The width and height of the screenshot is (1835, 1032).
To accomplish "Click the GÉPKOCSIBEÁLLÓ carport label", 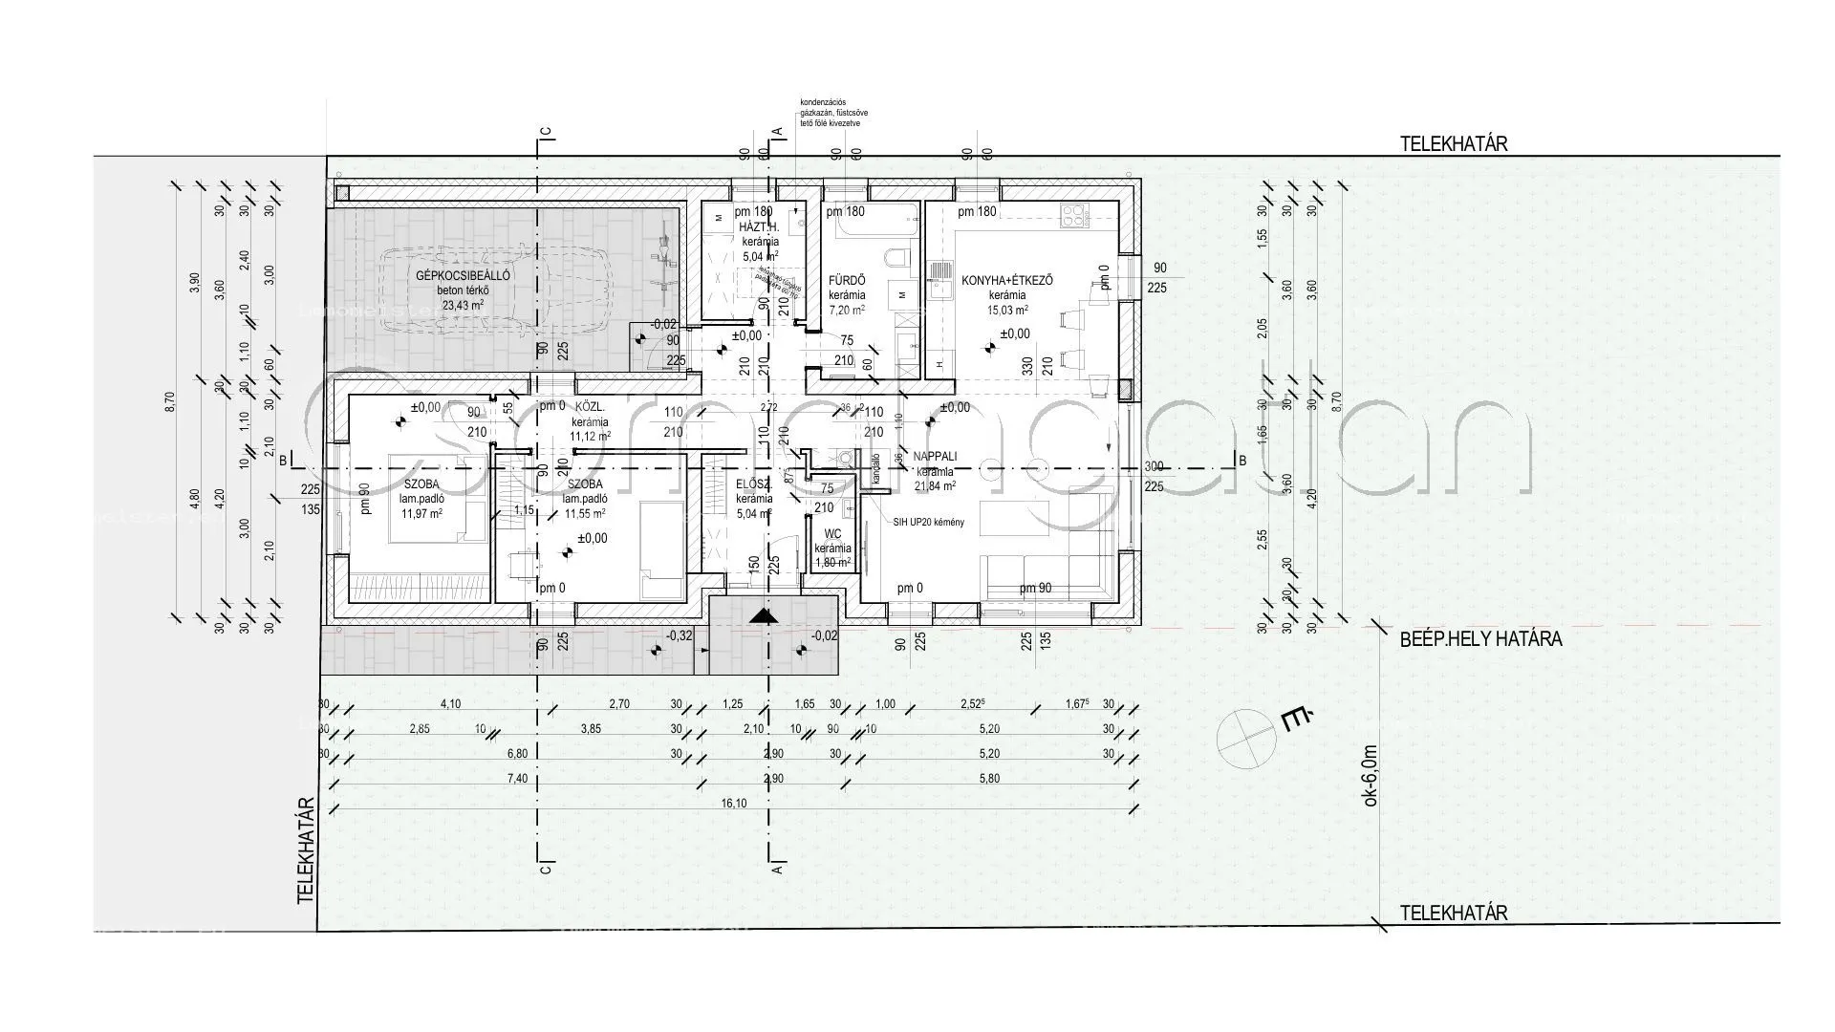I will click(463, 275).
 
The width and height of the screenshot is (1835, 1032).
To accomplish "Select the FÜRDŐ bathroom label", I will click(847, 280).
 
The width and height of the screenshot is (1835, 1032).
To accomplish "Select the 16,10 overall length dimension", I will click(734, 804).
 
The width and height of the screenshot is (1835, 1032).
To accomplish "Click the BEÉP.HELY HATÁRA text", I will click(1480, 639).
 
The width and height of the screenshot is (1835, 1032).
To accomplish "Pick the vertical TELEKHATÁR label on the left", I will click(306, 850).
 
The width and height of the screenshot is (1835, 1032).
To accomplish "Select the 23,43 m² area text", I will click(463, 306).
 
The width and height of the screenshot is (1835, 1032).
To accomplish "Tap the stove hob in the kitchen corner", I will click(1076, 216).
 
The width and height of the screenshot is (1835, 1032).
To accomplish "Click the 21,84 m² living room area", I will click(935, 486).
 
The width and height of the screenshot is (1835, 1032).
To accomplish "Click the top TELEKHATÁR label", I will click(1453, 144).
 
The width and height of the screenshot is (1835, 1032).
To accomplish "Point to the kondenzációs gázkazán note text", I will click(833, 113).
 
